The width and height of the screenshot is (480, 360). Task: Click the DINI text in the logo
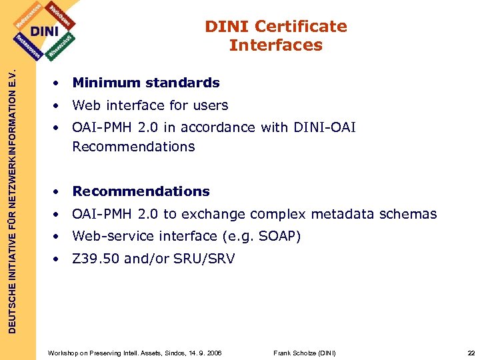[45, 31]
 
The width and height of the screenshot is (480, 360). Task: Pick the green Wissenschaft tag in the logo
[64, 45]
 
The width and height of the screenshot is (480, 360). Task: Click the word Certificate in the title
[301, 27]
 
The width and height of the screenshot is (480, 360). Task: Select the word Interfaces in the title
[275, 45]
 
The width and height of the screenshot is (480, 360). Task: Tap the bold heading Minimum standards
[146, 83]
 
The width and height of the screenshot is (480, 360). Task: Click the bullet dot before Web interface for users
[59, 105]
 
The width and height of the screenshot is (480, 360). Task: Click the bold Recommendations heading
[141, 191]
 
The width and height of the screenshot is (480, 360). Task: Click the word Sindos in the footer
[157, 353]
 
